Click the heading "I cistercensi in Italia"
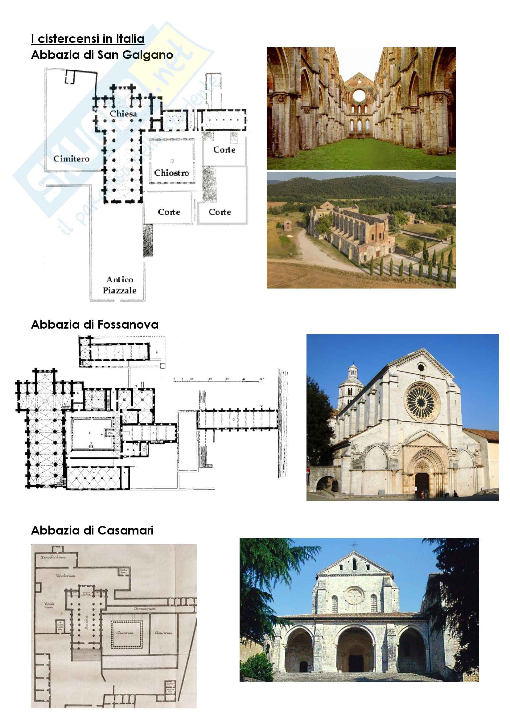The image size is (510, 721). [x=88, y=39]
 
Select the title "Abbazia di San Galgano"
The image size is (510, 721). [x=102, y=55]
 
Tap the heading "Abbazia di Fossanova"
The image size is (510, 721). [x=95, y=324]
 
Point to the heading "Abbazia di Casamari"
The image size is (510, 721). [x=92, y=531]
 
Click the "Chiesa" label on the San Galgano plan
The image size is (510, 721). [x=123, y=114]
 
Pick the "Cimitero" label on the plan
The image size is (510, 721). [x=71, y=158]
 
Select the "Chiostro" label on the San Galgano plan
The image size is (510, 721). [x=171, y=173]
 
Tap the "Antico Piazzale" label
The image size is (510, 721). [x=120, y=285]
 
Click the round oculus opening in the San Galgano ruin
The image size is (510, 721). [x=359, y=95]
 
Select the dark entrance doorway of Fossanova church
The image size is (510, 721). [x=422, y=484]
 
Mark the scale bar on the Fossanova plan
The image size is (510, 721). [x=218, y=381]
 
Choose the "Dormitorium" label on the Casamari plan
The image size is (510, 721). [x=144, y=609]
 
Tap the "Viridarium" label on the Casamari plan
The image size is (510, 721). [x=65, y=576]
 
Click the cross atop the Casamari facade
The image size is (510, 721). [x=355, y=544]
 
